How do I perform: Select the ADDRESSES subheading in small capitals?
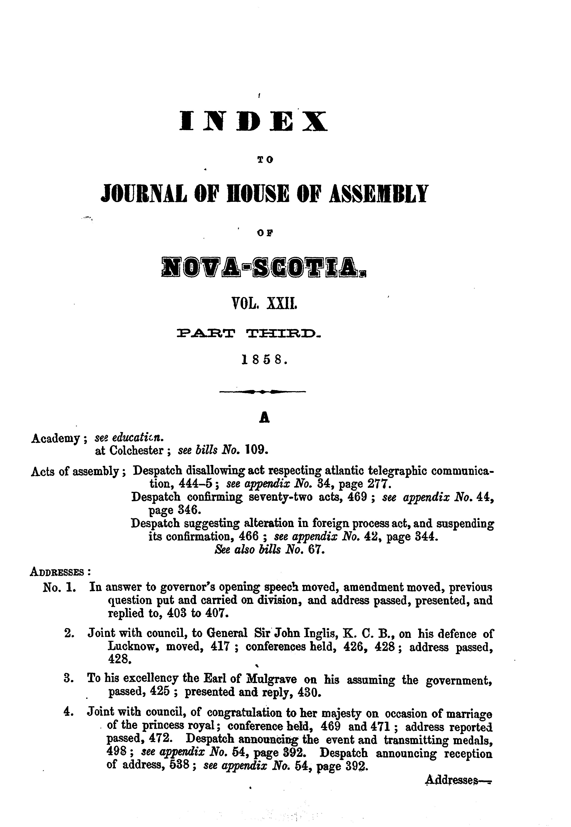pyautogui.click(x=57, y=571)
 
